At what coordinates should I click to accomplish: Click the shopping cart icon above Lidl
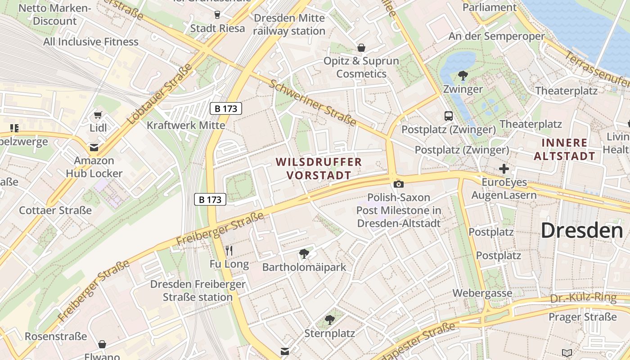98,115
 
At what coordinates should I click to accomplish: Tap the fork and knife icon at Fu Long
229,251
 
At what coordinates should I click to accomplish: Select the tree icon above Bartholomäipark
304,253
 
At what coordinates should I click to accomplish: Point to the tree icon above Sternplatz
330,320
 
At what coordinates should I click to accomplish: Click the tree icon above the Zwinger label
462,76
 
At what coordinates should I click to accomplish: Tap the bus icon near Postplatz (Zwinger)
449,116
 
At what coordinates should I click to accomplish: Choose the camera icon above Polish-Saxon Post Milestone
398,184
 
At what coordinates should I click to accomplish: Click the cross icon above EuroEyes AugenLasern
504,169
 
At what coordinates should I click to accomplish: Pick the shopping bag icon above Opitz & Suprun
361,48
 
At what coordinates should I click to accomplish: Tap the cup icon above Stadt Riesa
217,15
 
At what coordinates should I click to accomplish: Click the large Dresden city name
581,230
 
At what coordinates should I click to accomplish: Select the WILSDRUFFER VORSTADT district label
319,168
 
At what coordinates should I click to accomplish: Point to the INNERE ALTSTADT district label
569,149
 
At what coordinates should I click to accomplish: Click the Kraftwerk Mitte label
186,125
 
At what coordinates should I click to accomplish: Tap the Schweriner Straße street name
313,103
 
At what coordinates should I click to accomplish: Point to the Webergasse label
482,293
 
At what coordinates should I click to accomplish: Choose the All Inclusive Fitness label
91,42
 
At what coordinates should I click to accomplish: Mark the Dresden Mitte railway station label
289,25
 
